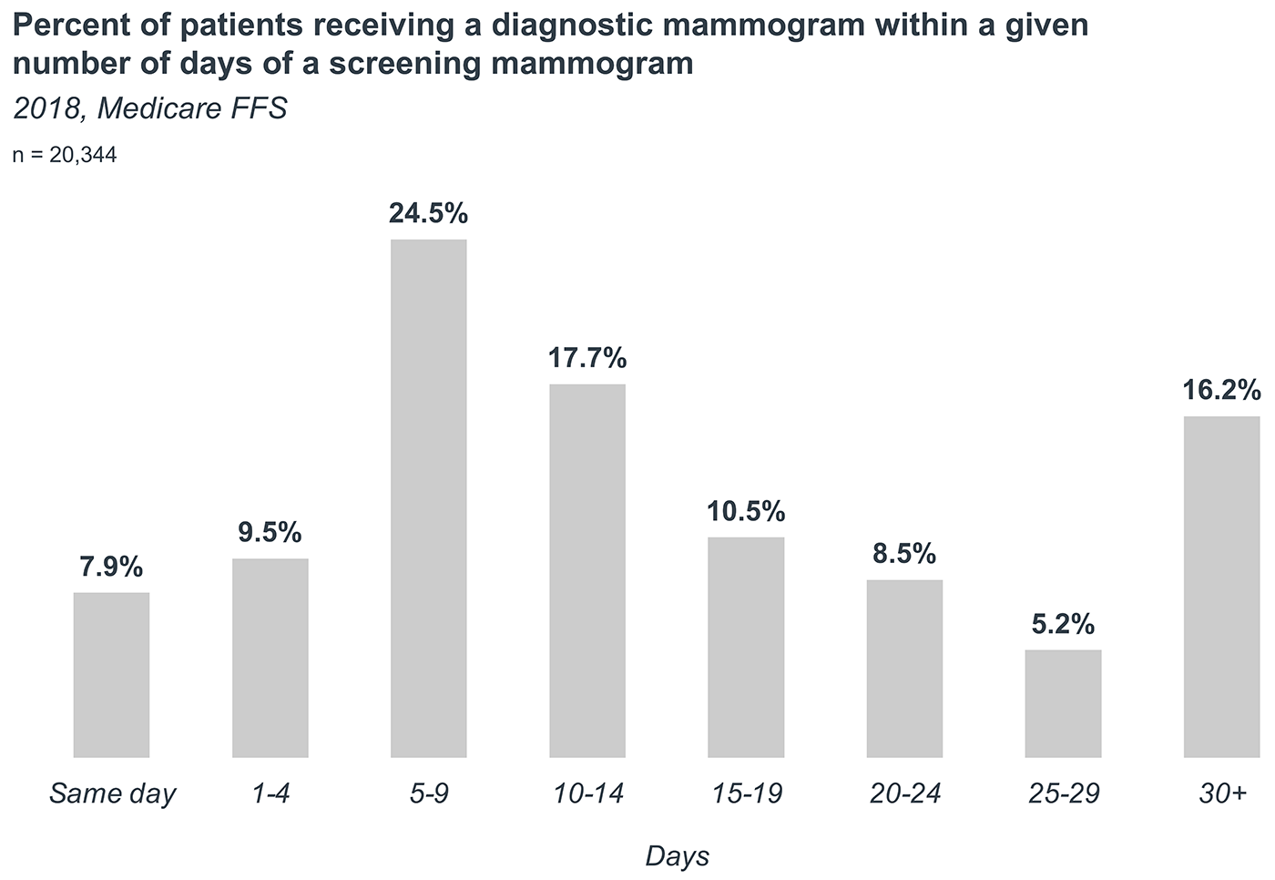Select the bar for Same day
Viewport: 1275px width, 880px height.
tap(111, 674)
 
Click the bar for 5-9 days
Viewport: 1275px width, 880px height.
tap(428, 498)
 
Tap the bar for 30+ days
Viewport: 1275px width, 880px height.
tap(1221, 586)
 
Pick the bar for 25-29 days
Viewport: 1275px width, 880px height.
tap(1063, 702)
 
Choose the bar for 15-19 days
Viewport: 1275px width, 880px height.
tap(746, 647)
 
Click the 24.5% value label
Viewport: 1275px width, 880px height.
tap(428, 213)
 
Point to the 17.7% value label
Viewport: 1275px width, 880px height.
tap(587, 358)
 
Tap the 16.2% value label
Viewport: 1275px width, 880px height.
tap(1221, 390)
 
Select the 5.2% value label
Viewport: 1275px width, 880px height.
tap(1063, 624)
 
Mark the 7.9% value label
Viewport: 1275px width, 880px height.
tap(111, 567)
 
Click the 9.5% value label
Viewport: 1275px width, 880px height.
tap(270, 532)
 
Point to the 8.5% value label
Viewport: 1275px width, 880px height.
tap(904, 553)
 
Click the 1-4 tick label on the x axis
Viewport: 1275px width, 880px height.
tap(270, 794)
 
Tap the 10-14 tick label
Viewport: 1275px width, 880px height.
tap(587, 794)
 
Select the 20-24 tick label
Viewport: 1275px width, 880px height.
tap(904, 794)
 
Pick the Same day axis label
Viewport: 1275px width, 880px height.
tap(111, 794)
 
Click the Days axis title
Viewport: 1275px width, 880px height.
tap(677, 856)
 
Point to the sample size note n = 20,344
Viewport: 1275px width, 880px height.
tap(65, 156)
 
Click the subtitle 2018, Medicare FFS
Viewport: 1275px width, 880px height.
tap(150, 109)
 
